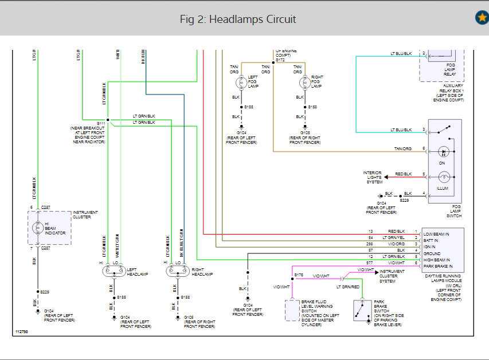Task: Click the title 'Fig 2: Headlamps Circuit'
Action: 238,19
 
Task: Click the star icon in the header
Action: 482,18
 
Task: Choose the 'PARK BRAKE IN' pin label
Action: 439,267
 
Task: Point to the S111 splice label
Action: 101,123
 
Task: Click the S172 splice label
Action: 280,60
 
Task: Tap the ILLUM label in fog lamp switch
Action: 442,188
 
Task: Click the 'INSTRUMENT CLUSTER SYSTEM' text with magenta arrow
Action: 392,276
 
